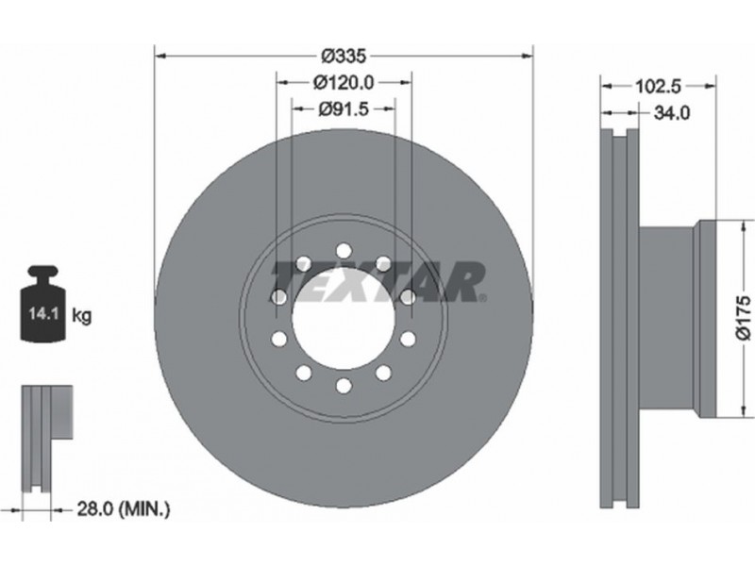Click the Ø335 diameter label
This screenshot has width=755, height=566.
point(344,57)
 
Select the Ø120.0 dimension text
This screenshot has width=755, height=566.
point(344,83)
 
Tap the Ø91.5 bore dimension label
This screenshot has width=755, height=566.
point(344,109)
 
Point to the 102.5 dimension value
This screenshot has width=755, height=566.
point(658,87)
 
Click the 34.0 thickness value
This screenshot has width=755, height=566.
point(672,113)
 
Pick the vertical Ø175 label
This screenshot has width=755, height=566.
point(744,318)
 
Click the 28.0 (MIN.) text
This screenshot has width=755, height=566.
point(124,508)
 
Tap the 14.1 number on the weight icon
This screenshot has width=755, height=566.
point(43,314)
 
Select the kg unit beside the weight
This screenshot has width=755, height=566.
point(81,316)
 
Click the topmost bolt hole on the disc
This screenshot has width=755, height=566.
point(344,251)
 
